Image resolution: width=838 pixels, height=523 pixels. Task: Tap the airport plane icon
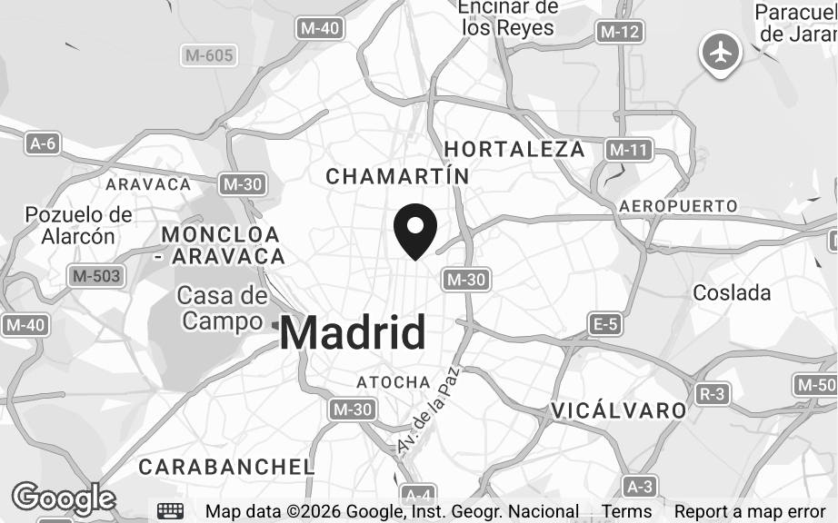point(721,53)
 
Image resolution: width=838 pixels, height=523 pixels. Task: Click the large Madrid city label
point(353,332)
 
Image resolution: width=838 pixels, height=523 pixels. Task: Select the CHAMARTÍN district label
point(397,175)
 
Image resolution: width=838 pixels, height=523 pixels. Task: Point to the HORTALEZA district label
point(514,149)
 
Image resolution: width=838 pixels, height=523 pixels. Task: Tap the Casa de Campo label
point(223,308)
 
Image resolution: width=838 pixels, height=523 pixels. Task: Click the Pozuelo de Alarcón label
point(79,226)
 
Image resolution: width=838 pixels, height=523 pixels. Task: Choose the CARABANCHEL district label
point(226,467)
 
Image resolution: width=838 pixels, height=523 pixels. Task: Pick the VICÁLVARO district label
point(618,410)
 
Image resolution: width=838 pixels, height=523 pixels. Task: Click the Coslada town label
point(732,292)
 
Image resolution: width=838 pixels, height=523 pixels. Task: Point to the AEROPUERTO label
point(678,206)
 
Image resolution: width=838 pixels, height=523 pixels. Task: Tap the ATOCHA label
point(393,382)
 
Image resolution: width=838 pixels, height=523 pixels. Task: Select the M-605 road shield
point(209,55)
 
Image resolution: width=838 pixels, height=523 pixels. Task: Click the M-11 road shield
point(629,150)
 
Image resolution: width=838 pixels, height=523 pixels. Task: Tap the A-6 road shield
point(43,143)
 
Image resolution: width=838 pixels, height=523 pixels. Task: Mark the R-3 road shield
point(713,393)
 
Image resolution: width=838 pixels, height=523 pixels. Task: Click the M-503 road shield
point(97,275)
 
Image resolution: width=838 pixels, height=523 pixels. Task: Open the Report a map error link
point(749,511)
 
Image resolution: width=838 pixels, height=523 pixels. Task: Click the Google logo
point(63,498)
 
